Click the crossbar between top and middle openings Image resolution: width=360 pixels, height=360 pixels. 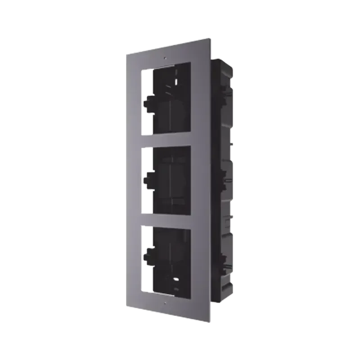(x=166, y=139)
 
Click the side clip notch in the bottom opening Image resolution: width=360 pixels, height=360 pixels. (x=147, y=256)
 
